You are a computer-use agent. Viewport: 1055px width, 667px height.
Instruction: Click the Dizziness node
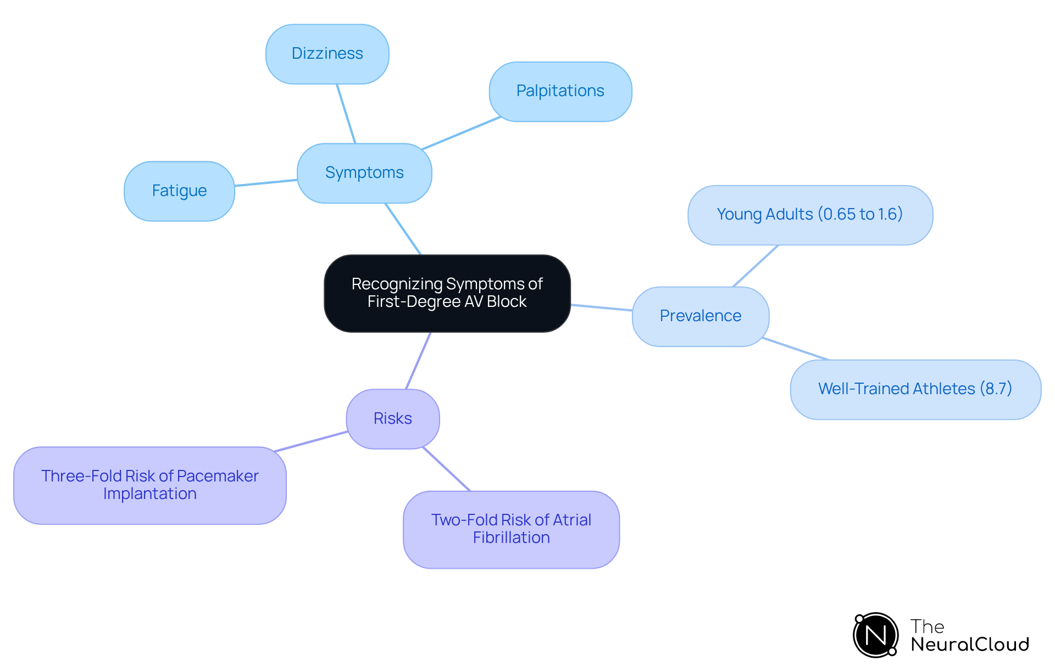pos(327,54)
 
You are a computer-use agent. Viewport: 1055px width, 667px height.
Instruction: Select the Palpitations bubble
pos(560,91)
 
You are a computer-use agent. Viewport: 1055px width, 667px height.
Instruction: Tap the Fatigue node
pos(179,191)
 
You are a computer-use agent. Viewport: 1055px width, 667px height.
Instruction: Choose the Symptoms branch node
pos(364,173)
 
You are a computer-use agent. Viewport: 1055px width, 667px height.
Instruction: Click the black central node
pos(447,293)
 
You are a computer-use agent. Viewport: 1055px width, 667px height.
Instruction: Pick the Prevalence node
pos(700,316)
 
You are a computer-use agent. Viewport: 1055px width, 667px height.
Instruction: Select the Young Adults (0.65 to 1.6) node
pos(809,215)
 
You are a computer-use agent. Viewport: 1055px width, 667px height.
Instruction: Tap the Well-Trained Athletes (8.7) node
pos(915,389)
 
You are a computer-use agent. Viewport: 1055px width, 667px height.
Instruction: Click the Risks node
pos(392,419)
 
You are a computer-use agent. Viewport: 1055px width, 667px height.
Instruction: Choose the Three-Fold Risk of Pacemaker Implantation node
pos(149,485)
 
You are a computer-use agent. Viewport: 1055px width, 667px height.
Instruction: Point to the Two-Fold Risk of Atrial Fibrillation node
pos(511,529)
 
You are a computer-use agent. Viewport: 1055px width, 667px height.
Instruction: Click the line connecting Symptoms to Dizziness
pos(346,114)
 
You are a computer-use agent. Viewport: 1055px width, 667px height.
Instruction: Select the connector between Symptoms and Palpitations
pos(460,133)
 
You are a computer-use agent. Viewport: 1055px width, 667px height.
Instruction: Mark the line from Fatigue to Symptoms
pos(266,183)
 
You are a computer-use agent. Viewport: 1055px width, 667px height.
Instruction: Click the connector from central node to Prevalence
pos(601,307)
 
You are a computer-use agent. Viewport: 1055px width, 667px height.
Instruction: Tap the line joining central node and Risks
pos(418,361)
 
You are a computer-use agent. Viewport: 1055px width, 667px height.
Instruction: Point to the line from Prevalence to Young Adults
pos(756,266)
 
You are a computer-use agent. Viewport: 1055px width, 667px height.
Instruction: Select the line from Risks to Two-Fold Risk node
pos(446,469)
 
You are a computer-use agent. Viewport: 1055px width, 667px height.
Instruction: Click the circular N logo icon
pos(875,635)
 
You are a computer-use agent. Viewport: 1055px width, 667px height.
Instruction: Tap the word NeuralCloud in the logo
pos(970,644)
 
